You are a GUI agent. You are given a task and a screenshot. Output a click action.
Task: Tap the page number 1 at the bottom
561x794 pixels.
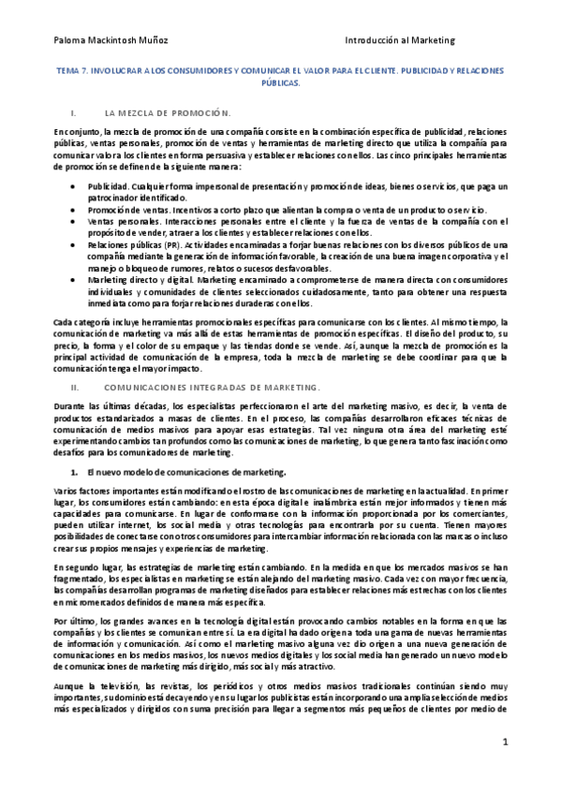tap(504, 742)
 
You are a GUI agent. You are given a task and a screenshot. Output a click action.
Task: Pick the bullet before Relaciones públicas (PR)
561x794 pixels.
tap(74, 243)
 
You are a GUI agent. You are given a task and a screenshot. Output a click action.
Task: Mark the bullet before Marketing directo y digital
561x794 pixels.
tap(74, 278)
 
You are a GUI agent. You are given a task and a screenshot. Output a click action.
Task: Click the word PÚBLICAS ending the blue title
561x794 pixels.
tap(281, 81)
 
